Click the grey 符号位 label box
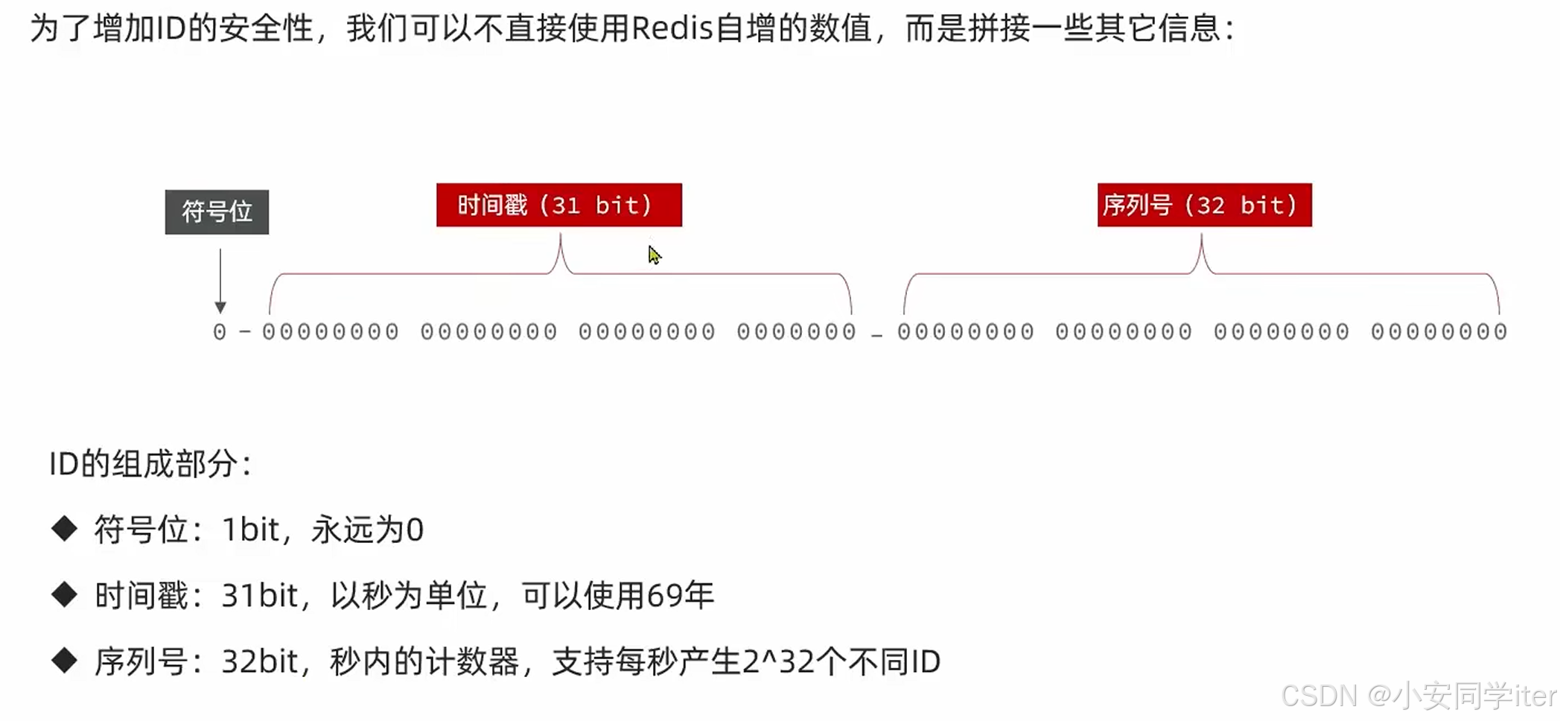217,212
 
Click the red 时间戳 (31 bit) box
558,205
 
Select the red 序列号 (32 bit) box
1204,205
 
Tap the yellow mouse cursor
654,255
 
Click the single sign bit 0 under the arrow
220,332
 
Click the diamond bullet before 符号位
65,529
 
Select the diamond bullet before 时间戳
65,594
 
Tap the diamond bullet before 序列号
65,660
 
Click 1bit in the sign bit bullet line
251,530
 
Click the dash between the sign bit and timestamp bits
245,332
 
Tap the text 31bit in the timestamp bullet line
260,595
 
